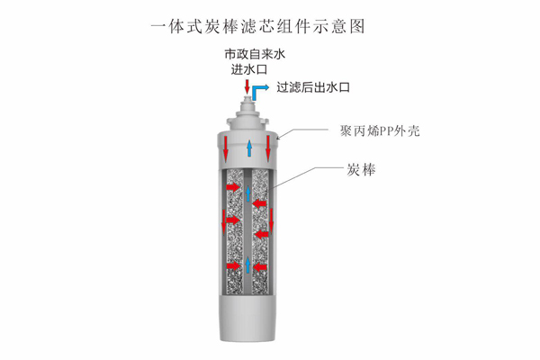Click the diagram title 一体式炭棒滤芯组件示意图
(257, 27)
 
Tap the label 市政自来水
(256, 54)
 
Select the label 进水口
(249, 69)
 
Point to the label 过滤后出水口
(313, 87)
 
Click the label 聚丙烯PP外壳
(380, 130)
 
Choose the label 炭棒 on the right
(361, 170)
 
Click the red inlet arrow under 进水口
(247, 86)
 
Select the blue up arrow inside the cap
(249, 148)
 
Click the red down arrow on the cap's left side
(226, 148)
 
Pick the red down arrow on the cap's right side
(268, 148)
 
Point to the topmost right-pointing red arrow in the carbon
(233, 187)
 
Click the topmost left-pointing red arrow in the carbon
(260, 203)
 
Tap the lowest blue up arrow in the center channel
(248, 265)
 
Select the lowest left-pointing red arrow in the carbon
(260, 266)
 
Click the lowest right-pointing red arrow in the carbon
(233, 266)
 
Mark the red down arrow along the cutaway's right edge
(272, 220)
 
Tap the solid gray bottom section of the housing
(247, 318)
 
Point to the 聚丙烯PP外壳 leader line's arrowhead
(279, 138)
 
